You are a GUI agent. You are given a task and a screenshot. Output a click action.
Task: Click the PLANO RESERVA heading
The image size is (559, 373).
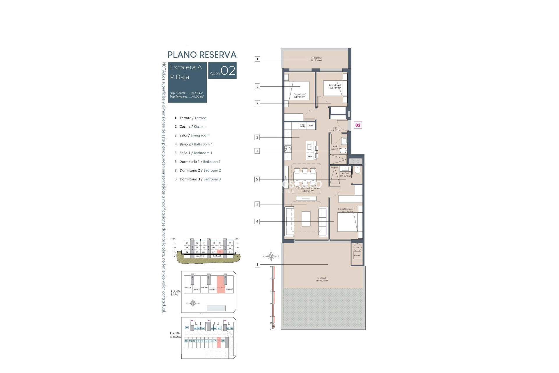202,54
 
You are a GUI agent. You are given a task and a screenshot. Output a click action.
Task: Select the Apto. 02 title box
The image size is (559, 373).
222,71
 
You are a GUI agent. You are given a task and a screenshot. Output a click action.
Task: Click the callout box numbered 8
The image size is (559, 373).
257,86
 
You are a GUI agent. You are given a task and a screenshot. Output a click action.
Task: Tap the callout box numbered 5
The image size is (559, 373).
257,180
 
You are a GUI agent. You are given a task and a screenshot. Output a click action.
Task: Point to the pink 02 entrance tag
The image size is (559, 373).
358,125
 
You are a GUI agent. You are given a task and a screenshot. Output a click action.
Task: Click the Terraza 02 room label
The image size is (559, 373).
316,59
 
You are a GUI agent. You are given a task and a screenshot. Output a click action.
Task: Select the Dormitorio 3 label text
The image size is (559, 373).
300,96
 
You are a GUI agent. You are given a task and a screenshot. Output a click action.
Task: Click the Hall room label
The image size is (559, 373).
335,129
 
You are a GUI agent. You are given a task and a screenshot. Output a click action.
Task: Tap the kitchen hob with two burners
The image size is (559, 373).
288,149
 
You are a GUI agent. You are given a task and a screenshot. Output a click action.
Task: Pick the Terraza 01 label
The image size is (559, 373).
322,279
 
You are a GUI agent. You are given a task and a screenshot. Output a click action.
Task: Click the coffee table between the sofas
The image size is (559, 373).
306,219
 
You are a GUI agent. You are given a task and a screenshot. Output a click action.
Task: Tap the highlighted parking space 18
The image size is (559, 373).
219,341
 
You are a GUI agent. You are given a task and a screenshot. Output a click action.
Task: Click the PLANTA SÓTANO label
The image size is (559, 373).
176,335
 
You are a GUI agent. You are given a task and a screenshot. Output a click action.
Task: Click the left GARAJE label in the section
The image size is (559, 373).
200,256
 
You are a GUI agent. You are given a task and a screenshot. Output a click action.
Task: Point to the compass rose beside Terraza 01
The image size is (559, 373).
271,256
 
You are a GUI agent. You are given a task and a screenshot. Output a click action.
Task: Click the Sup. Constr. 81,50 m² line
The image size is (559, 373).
186,93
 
